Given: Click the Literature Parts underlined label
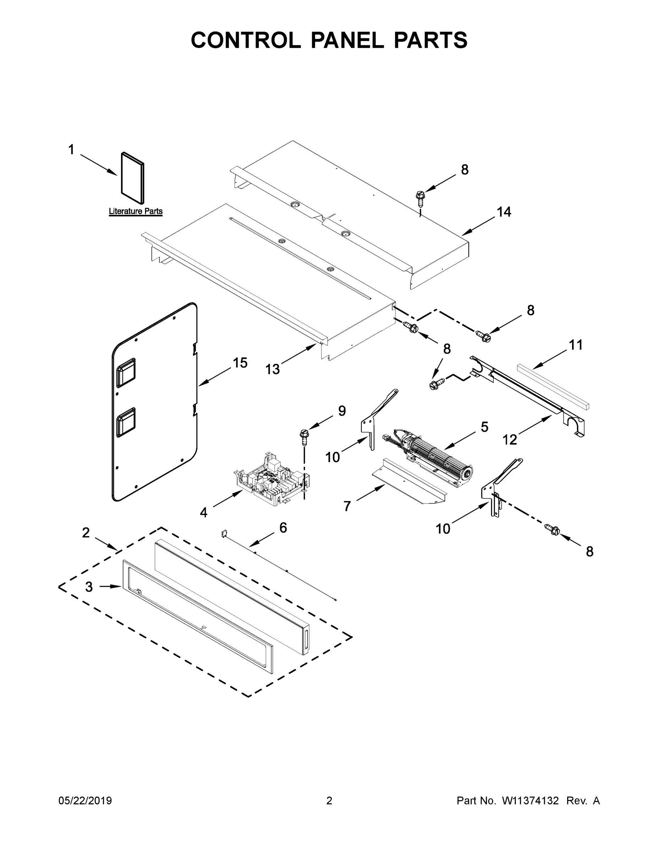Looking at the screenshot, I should (135, 211).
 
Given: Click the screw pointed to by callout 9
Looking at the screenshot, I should (304, 436).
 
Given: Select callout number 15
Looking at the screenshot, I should (240, 363).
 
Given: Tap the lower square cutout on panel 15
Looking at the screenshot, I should (126, 422).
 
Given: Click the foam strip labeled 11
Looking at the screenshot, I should (553, 386).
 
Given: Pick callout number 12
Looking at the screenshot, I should (509, 440).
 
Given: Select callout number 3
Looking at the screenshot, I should (89, 586).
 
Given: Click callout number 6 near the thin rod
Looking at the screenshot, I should (283, 528).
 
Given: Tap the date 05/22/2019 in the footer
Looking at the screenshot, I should (85, 801).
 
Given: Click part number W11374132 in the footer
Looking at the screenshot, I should (530, 801).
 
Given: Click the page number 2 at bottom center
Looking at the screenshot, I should (329, 801).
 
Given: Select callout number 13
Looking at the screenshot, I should (272, 369).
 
